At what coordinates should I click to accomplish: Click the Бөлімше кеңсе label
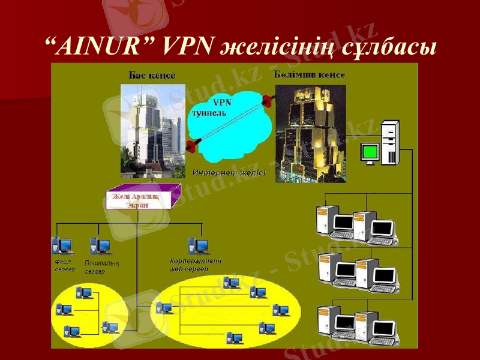309,75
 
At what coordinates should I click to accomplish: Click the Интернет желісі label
229,173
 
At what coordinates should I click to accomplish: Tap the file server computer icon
62,245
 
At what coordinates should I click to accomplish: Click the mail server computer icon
100,246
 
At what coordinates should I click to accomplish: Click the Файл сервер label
62,266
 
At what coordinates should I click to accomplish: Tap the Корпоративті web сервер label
196,265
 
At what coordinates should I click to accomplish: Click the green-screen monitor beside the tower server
370,153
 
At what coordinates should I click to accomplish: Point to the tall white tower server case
390,142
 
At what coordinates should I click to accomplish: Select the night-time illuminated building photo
310,133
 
